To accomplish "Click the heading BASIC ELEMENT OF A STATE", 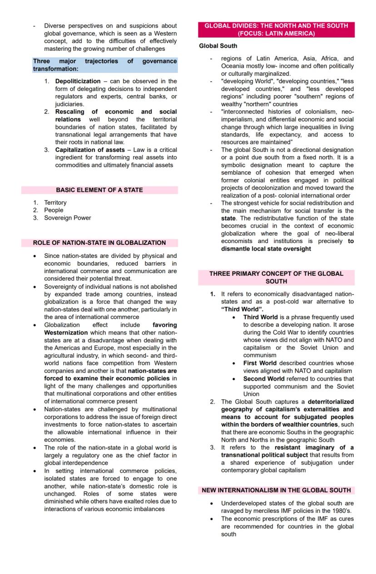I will pyautogui.click(x=99, y=190).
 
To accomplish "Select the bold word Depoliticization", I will pyautogui.click(x=78, y=81).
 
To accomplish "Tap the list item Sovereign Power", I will pyautogui.click(x=67, y=218).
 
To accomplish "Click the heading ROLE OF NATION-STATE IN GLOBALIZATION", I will pyautogui.click(x=99, y=243).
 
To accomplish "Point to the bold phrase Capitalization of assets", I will pyautogui.click(x=89, y=150).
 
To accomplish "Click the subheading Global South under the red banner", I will pyautogui.click(x=218, y=46).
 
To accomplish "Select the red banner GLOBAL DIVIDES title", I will pyautogui.click(x=276, y=29).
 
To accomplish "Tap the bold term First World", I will pyautogui.click(x=260, y=363).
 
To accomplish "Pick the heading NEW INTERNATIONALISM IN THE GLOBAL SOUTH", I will pyautogui.click(x=276, y=490).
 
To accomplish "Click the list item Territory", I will pyautogui.click(x=55, y=203).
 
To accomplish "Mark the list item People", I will pyautogui.click(x=54, y=210).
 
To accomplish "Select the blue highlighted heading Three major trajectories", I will pyautogui.click(x=104, y=65).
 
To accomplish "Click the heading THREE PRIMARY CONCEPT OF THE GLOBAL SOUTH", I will pyautogui.click(x=276, y=277).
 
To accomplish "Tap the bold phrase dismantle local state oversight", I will pyautogui.click(x=266, y=249).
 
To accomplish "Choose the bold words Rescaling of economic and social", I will pyautogui.click(x=116, y=112).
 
